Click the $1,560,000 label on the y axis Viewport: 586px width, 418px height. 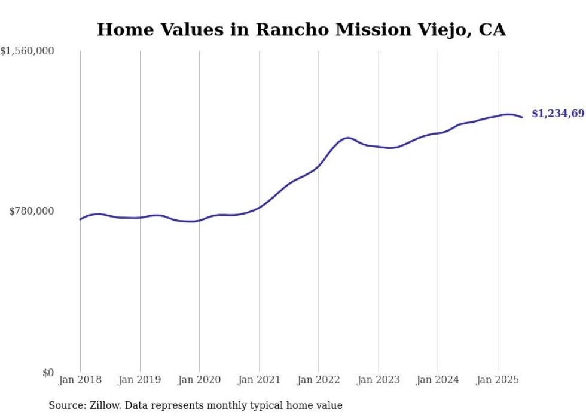click(x=28, y=52)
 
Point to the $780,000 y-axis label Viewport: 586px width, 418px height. click(x=31, y=211)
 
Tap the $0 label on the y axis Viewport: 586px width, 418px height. click(x=48, y=373)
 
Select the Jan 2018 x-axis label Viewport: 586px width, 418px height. click(x=80, y=380)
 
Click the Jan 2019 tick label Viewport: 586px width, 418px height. click(x=140, y=380)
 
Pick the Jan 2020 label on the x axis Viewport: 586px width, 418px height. click(x=200, y=380)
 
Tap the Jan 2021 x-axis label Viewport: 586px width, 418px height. click(x=259, y=380)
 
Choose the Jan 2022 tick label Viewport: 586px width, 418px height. click(x=319, y=380)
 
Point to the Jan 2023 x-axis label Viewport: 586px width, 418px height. click(x=379, y=380)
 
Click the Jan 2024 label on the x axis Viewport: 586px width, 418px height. click(x=438, y=380)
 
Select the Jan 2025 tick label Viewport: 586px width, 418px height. click(x=498, y=380)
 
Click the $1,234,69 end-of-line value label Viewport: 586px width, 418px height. click(x=558, y=114)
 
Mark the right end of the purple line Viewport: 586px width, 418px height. click(x=523, y=117)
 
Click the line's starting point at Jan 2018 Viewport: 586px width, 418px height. click(x=80, y=219)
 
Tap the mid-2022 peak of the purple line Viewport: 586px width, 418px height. click(x=348, y=138)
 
